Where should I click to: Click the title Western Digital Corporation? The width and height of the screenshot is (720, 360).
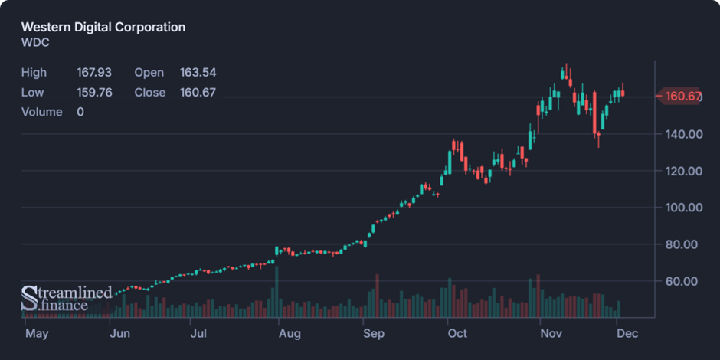tap(103, 28)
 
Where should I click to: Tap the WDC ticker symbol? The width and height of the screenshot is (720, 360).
tap(35, 43)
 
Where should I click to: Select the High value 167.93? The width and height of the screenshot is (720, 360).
tap(94, 73)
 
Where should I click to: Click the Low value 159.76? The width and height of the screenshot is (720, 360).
tap(94, 93)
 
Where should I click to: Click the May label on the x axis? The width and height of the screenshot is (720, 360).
tap(36, 334)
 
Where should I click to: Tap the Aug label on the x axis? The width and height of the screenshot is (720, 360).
tap(289, 334)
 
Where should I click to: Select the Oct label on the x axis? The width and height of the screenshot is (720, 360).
tap(457, 334)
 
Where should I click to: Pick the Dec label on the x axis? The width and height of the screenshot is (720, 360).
tap(627, 334)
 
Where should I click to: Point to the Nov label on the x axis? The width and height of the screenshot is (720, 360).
tap(551, 334)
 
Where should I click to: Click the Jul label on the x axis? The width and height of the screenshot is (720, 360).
tap(198, 334)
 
